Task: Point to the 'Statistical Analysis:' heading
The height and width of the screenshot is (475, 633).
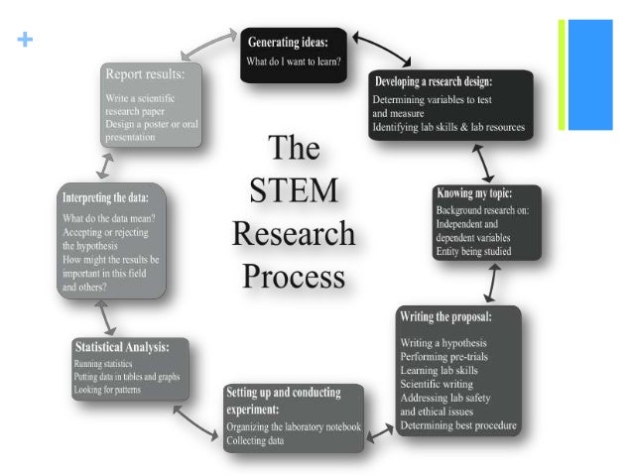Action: [121, 347]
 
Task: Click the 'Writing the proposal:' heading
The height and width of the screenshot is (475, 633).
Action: [459, 316]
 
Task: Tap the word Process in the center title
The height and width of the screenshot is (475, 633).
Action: [293, 275]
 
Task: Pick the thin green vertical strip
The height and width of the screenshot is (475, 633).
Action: [562, 74]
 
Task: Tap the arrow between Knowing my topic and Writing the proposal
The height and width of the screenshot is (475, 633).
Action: [489, 283]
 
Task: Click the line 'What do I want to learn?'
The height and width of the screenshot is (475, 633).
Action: [296, 62]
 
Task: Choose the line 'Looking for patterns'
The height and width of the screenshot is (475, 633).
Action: [108, 391]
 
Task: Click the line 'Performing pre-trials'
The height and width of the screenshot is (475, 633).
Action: [443, 355]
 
